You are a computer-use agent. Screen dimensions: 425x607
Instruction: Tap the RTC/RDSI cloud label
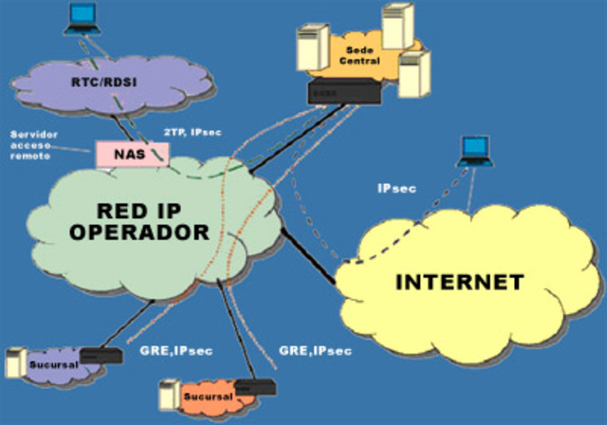pyautogui.click(x=102, y=83)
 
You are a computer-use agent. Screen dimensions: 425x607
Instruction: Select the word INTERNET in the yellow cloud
pyautogui.click(x=458, y=282)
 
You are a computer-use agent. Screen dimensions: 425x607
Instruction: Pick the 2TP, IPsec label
pyautogui.click(x=193, y=132)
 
